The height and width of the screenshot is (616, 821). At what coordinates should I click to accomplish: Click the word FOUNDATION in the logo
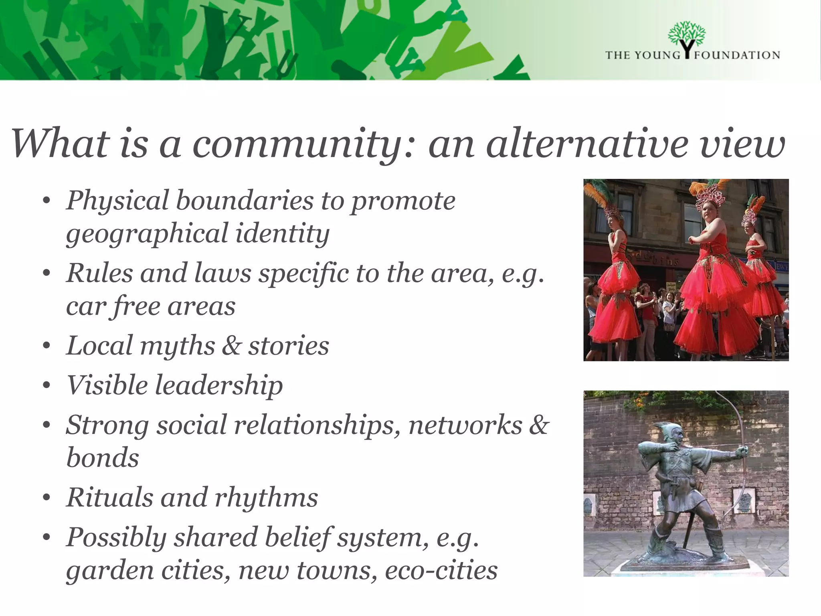(x=737, y=55)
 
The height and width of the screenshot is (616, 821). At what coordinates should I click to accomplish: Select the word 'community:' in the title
(x=303, y=144)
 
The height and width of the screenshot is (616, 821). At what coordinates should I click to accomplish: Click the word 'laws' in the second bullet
(x=222, y=273)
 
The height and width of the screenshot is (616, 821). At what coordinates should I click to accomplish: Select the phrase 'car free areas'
(x=151, y=306)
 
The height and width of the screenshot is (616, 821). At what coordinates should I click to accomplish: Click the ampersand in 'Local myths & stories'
(x=231, y=346)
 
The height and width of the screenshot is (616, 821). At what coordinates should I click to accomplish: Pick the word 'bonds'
(x=103, y=458)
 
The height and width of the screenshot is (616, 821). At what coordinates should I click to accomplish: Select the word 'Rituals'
(x=109, y=498)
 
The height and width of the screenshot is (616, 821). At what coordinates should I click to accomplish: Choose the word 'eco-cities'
(x=441, y=570)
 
